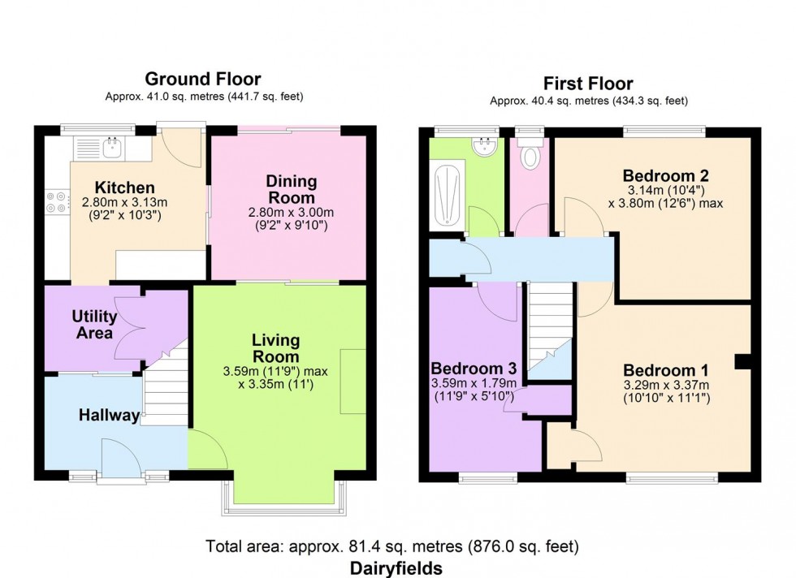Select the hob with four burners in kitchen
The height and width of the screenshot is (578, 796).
pos(58,201)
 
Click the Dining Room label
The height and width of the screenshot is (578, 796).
pos(292,188)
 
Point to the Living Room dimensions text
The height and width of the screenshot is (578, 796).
pos(276,377)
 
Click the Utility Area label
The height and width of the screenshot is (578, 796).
pos(94,323)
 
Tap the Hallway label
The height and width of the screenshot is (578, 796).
pos(109,416)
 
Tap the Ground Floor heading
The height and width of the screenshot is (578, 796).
pos(202,79)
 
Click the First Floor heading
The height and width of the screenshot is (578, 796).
pos(588,84)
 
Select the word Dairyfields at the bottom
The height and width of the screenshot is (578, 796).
pos(397,567)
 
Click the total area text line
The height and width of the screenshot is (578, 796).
pos(392,546)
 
